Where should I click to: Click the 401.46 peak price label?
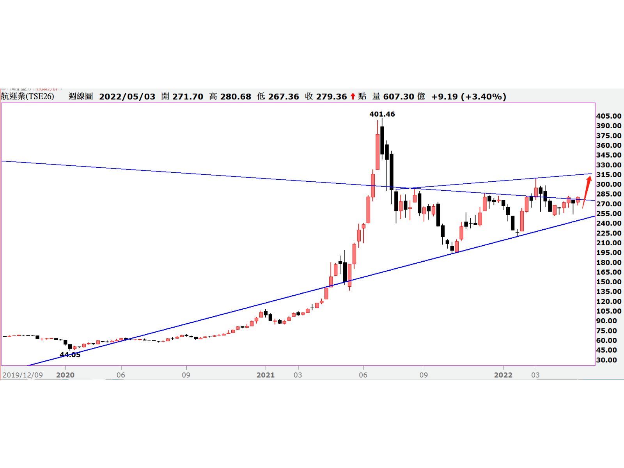click(382, 114)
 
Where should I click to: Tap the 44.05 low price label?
click(70, 355)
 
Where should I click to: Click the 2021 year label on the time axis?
click(266, 375)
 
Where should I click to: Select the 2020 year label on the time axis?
click(65, 375)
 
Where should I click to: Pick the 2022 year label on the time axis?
click(503, 375)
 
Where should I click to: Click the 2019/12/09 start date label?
click(23, 375)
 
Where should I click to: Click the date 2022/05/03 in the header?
click(127, 96)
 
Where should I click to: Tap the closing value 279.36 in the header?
click(331, 96)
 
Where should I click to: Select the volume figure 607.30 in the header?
click(398, 96)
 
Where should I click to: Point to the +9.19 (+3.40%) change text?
click(469, 96)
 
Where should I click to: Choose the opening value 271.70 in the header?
click(188, 96)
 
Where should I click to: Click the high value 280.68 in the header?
click(236, 96)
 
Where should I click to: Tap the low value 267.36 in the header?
click(284, 96)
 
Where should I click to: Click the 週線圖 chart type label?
click(81, 96)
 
